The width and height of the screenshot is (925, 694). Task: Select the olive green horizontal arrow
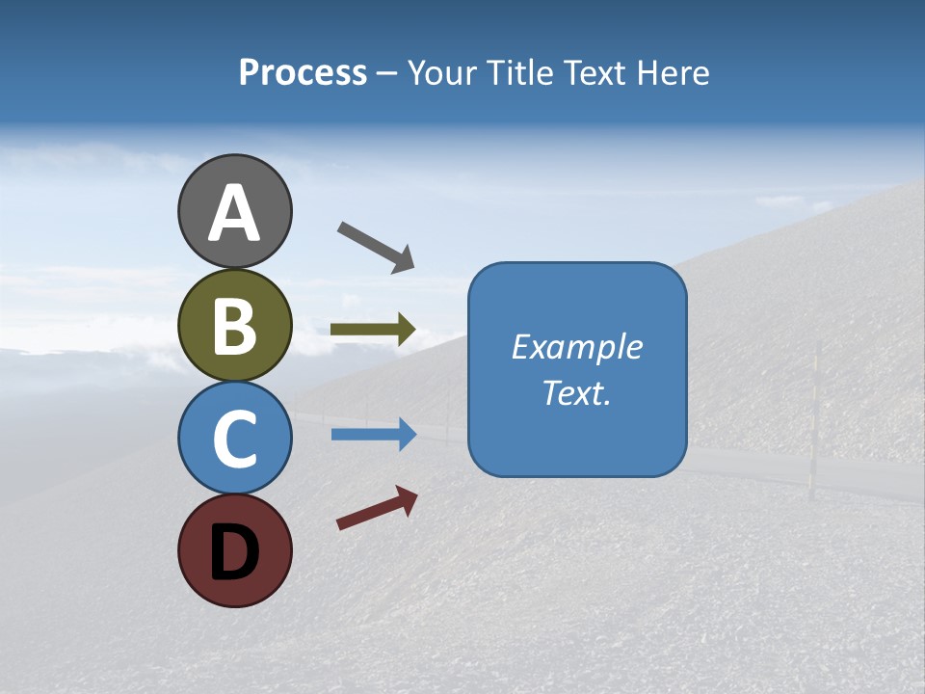point(373,330)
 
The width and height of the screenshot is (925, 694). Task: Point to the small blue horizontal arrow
point(373,435)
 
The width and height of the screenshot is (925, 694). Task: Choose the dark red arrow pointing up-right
point(377,508)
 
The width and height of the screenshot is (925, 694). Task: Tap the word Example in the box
point(577,347)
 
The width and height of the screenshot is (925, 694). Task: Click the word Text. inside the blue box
point(577,393)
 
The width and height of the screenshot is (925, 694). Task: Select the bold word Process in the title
point(303,72)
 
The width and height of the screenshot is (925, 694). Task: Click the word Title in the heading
point(515,72)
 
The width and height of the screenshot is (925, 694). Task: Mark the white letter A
point(235,214)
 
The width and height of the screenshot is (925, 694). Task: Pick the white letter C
point(235,439)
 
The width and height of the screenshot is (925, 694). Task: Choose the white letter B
point(235,326)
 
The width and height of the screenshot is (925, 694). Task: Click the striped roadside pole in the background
point(815,420)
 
